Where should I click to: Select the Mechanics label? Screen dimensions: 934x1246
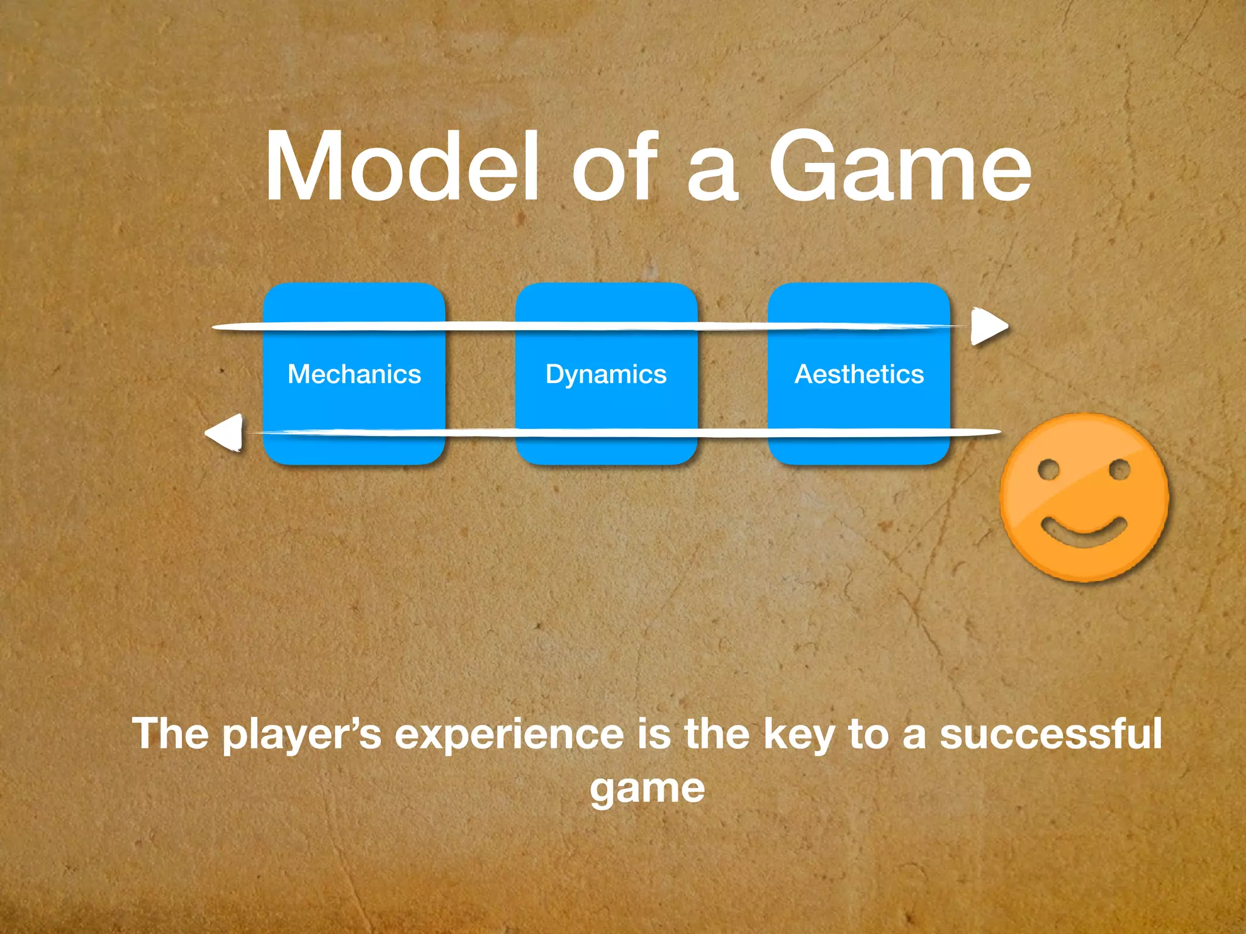pos(354,374)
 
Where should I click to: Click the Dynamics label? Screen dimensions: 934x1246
pos(606,375)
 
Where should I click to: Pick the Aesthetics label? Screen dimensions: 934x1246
pos(859,374)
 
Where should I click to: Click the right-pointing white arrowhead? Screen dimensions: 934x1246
pos(988,327)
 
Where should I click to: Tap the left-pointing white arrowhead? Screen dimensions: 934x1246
pos(226,433)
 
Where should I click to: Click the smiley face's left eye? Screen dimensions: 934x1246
pos(1048,469)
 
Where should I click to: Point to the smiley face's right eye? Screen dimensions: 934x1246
pos(1119,469)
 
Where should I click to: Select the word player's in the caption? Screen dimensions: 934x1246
pos(301,735)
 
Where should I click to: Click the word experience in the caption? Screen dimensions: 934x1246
pos(509,735)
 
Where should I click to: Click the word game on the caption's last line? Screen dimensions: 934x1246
pos(647,789)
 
